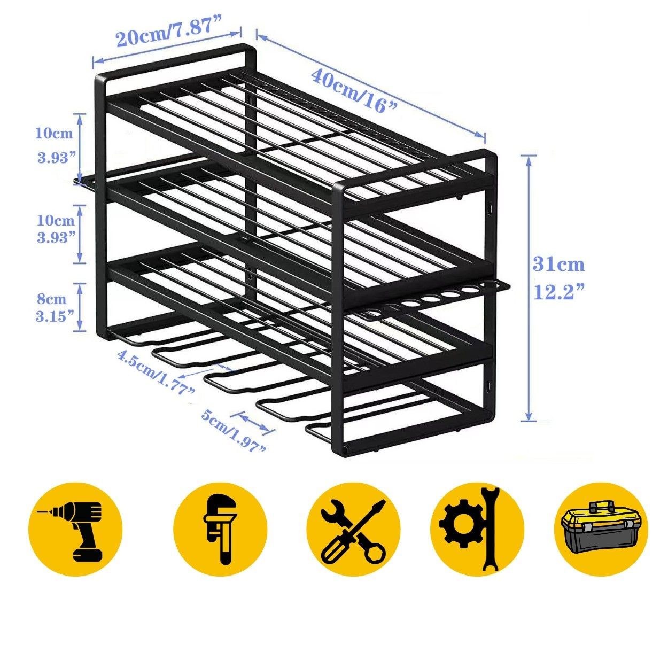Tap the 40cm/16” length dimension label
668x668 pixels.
point(354,90)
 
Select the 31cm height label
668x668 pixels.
point(558,265)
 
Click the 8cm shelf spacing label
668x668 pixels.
point(52,299)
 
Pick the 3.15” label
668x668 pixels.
point(55,316)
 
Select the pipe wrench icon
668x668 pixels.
point(221,530)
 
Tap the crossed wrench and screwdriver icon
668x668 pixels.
point(353,530)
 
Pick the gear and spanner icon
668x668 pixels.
point(477,530)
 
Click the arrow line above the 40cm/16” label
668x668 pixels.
point(370,86)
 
